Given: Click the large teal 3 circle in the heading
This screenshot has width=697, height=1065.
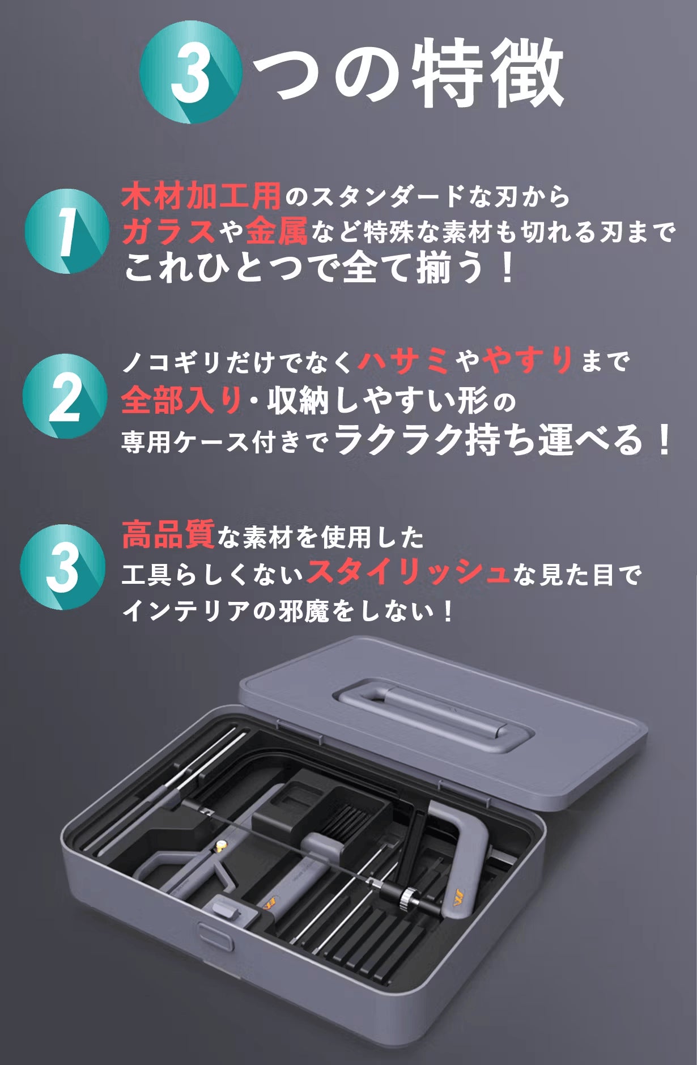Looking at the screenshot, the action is tap(191, 72).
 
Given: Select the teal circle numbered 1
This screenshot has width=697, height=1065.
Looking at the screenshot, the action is tap(67, 231).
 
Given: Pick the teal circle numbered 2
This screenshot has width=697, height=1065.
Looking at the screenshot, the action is tap(65, 396).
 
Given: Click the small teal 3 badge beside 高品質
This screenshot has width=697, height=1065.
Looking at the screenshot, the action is tap(63, 567).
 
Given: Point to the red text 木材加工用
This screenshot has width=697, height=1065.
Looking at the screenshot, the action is tap(201, 197).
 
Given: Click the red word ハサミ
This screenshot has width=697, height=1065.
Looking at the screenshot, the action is tap(403, 360).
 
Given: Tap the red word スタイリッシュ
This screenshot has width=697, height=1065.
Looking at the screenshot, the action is tap(408, 573).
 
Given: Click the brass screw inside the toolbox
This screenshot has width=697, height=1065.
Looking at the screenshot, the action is tap(218, 848).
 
